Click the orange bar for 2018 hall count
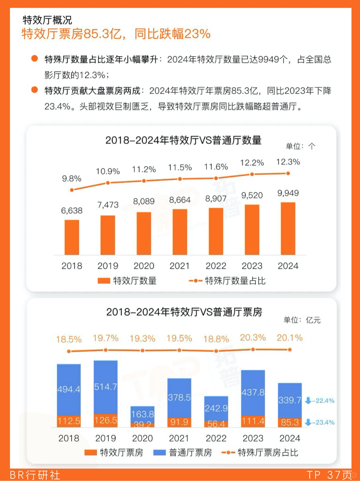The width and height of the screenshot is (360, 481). tap(72, 237)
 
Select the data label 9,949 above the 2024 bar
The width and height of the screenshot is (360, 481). tap(288, 193)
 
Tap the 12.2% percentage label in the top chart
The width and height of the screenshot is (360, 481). tap(252, 163)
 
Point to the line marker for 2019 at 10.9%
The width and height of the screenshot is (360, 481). tap(108, 183)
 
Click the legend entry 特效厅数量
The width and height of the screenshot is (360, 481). tap(127, 281)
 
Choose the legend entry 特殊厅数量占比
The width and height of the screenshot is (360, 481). tap(227, 281)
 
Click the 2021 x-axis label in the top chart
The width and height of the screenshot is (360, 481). tap(180, 266)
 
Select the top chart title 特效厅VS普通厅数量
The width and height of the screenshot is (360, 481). tap(183, 140)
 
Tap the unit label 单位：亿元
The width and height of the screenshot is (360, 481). tap(302, 320)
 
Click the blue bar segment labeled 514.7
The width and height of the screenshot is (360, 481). tap(106, 387)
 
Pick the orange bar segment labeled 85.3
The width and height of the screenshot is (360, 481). tap(290, 422)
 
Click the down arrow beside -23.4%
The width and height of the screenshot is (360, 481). tap(308, 422)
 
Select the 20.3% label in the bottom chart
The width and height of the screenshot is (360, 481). tap(253, 338)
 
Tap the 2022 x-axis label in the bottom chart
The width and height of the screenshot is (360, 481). tap(216, 438)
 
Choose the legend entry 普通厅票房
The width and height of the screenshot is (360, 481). tap(183, 452)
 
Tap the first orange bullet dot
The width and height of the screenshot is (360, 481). tap(34, 59)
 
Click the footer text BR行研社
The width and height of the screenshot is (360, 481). tap(35, 475)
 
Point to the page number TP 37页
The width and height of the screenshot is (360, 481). tap(329, 475)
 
